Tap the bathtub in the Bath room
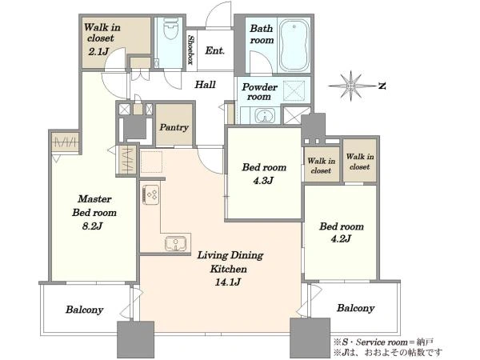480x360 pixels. tap(294, 45)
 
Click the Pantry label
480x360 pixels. tap(174, 127)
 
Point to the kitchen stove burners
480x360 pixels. tap(151, 194)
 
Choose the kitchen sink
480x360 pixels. tap(175, 243)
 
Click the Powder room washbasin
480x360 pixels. tap(265, 116)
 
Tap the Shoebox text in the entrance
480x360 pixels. tap(190, 50)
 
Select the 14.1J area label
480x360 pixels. tap(228, 282)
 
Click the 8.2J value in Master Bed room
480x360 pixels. tap(92, 226)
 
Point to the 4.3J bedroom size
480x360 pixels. tap(263, 181)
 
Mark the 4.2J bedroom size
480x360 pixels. tap(341, 238)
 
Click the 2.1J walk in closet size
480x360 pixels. tap(98, 51)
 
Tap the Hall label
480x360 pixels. tap(205, 85)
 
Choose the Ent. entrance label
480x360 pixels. tap(215, 50)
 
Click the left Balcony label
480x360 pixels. tap(84, 310)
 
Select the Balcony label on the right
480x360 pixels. tap(356, 308)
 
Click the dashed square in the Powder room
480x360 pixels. tap(294, 90)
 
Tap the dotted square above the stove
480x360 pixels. tap(151, 162)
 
